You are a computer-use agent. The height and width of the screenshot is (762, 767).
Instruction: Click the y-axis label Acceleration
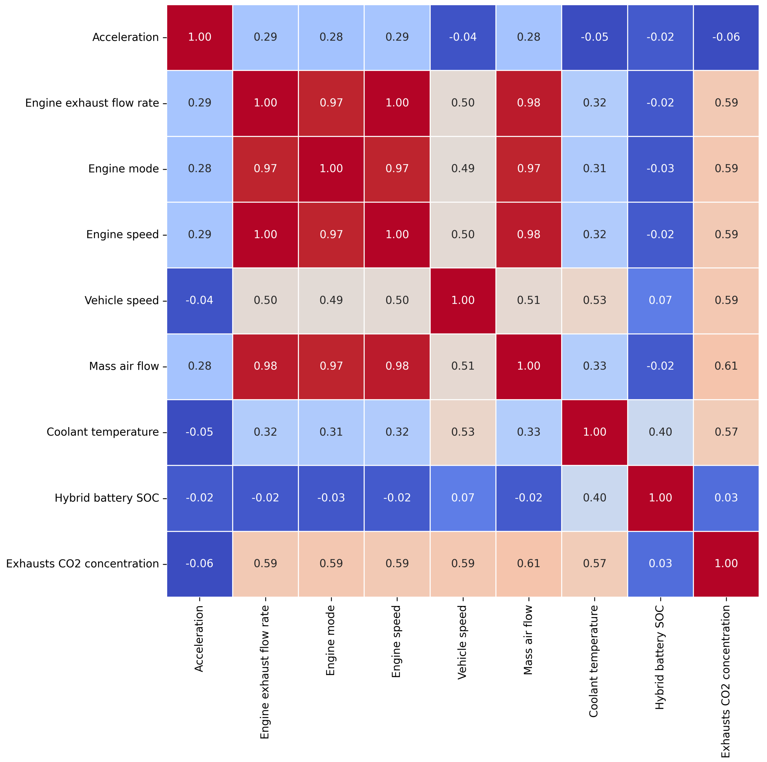tap(125, 37)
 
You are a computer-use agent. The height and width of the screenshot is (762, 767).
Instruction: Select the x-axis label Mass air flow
tap(528, 640)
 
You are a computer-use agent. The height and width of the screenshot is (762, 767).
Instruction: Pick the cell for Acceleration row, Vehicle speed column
tap(463, 37)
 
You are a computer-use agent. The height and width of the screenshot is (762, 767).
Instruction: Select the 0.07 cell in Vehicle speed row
tap(660, 300)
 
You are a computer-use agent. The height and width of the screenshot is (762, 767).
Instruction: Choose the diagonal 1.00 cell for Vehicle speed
tap(463, 300)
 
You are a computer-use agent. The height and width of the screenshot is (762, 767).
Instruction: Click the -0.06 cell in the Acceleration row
tap(726, 37)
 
